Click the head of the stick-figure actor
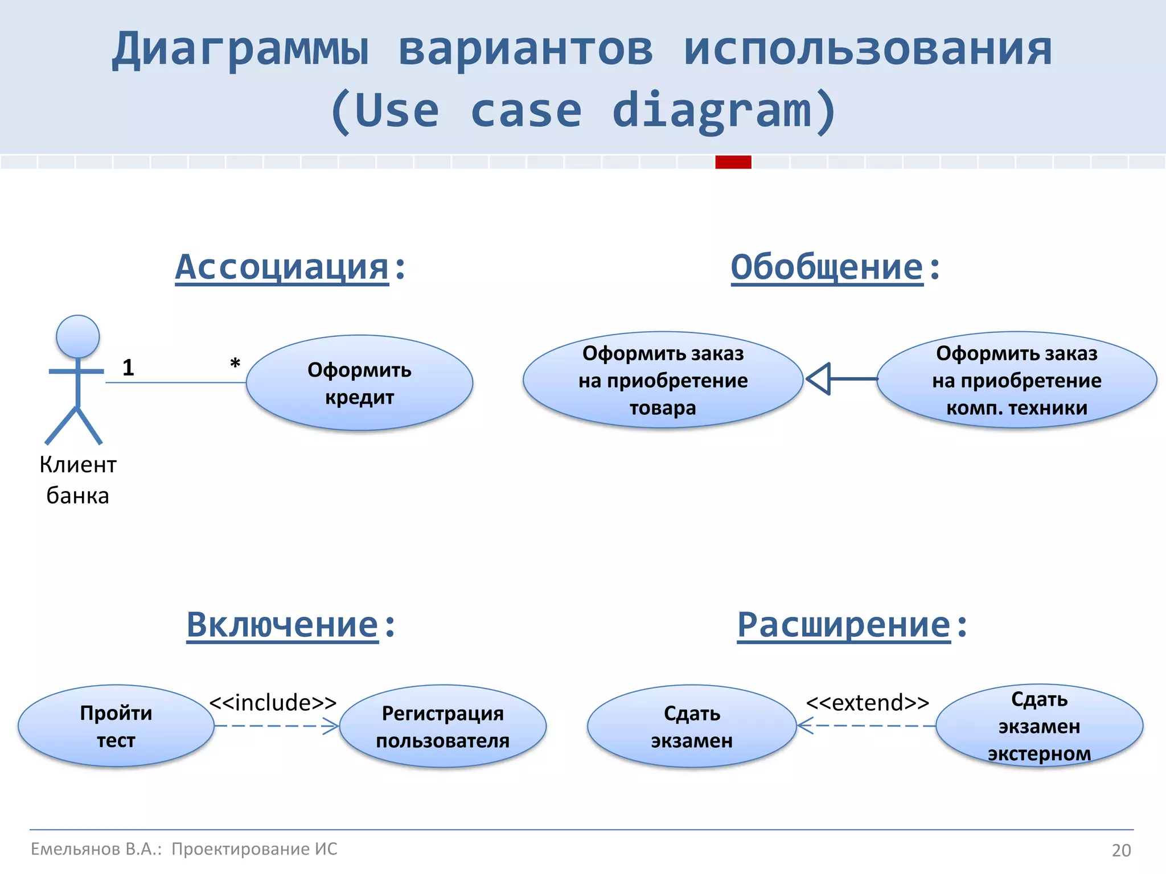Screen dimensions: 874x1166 coord(78,336)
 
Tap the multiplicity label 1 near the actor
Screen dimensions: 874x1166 coord(128,368)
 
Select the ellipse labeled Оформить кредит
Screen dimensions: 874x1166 coord(359,383)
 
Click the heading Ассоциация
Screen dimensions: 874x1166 coord(282,267)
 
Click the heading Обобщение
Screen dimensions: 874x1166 coord(827,267)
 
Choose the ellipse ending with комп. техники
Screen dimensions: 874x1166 coord(1016,380)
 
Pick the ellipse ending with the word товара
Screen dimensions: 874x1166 coord(663,380)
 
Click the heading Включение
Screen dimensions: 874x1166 coord(282,625)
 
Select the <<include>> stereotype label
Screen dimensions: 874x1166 coord(273,703)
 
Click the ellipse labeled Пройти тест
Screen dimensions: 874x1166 coord(116,726)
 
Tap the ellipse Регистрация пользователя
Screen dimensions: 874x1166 coord(442,727)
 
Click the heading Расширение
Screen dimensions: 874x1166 coord(844,625)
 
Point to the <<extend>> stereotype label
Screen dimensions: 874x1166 coord(867,703)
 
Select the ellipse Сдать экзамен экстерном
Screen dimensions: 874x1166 coord(1039,726)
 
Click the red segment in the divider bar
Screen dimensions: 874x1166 coord(733,162)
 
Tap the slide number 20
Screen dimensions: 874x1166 coord(1121,850)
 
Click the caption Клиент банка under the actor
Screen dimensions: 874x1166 coord(78,480)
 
